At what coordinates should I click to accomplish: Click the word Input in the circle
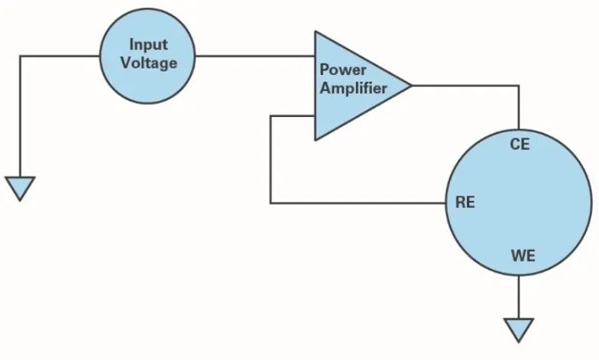pos(148,44)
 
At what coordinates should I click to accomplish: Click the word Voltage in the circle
pos(149,63)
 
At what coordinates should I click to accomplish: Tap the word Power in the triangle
pos(342,70)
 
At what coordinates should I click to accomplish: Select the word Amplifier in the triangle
pos(353,88)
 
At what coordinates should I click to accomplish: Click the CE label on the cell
pos(520,144)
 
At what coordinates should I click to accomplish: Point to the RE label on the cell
pos(465,202)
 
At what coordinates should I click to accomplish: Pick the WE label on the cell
pos(523,255)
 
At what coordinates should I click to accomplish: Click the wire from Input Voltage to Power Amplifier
pos(255,57)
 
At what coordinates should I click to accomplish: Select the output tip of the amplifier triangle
pos(411,86)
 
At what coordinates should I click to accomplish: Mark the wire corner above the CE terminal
pos(519,86)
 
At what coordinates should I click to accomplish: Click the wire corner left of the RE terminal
pos(270,203)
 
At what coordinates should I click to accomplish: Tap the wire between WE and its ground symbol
pos(519,297)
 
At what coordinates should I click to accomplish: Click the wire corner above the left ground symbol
pos(20,57)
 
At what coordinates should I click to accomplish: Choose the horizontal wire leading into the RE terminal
pos(358,203)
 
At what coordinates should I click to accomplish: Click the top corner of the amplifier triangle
pos(316,31)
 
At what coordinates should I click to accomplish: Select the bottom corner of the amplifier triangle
pos(316,141)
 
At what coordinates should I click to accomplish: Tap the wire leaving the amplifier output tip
pos(465,86)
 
